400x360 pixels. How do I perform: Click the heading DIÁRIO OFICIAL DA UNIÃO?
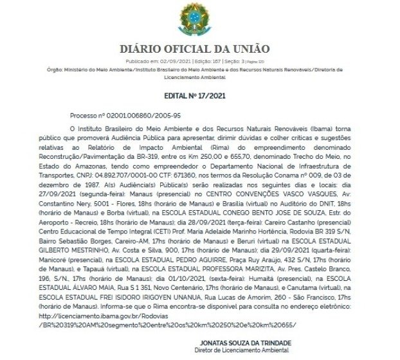click(x=199, y=49)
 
